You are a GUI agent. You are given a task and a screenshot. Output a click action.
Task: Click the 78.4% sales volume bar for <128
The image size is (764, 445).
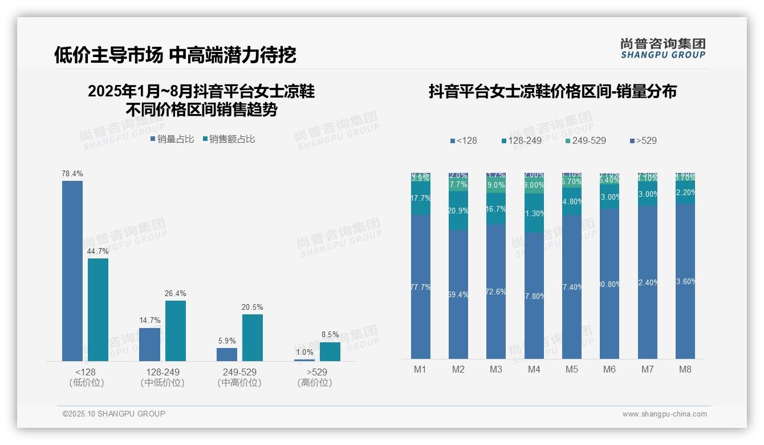point(72,271)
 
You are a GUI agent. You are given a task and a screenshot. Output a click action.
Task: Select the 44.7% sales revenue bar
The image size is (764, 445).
point(98,310)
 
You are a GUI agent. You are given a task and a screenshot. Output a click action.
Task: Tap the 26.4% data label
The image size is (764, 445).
point(176,294)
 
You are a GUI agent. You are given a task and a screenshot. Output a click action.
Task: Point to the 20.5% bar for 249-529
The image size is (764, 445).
point(253,338)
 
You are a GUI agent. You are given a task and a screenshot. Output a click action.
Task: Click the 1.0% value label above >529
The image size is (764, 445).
point(304,353)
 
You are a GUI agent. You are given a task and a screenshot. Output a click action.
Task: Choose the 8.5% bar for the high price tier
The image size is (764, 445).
point(330,351)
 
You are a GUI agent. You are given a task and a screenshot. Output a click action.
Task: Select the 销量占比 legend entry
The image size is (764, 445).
point(172,139)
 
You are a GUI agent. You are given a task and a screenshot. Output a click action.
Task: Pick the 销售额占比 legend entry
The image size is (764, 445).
point(229,139)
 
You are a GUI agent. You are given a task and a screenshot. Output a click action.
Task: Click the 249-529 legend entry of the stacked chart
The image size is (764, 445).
point(586,140)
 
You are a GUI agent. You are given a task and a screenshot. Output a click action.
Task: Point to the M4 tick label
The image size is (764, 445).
point(534,369)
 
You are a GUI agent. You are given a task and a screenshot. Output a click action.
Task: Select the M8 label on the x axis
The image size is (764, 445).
point(685,369)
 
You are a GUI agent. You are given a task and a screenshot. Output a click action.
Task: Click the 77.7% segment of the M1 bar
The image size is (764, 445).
point(420,286)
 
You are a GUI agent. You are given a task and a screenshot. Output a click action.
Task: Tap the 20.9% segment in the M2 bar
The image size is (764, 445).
point(458,211)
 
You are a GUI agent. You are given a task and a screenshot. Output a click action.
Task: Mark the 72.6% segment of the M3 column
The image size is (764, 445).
point(496,291)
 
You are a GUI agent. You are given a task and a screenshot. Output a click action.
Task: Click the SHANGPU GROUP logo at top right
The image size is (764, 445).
point(663,48)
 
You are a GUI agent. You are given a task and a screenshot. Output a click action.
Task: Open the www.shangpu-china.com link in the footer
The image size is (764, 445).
point(664,414)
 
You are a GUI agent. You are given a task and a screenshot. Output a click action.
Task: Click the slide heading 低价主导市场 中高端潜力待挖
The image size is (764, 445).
point(175,55)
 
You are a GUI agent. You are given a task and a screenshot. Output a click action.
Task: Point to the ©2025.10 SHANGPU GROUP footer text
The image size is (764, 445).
point(114,414)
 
